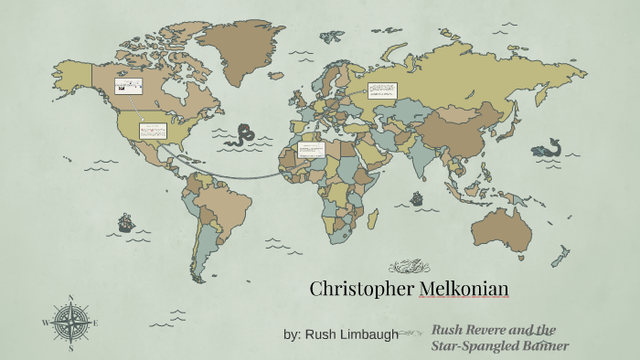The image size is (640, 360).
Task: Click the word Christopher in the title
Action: click(361, 290)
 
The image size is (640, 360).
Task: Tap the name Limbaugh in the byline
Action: click(368, 334)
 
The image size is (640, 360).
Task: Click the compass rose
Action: click(70, 323)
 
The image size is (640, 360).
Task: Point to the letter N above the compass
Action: click(70, 297)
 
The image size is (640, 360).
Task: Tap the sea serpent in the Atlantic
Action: click(243, 135)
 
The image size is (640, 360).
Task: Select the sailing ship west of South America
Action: click(125, 221)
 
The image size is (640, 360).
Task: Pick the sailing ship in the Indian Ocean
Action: click(416, 197)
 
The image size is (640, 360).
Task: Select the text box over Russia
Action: click(382, 90)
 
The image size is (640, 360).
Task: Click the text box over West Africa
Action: click(312, 149)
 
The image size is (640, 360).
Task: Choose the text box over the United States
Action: click(152, 131)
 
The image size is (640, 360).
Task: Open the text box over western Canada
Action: click(128, 87)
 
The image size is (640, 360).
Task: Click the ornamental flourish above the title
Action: click(409, 266)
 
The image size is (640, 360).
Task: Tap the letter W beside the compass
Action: click(45, 323)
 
